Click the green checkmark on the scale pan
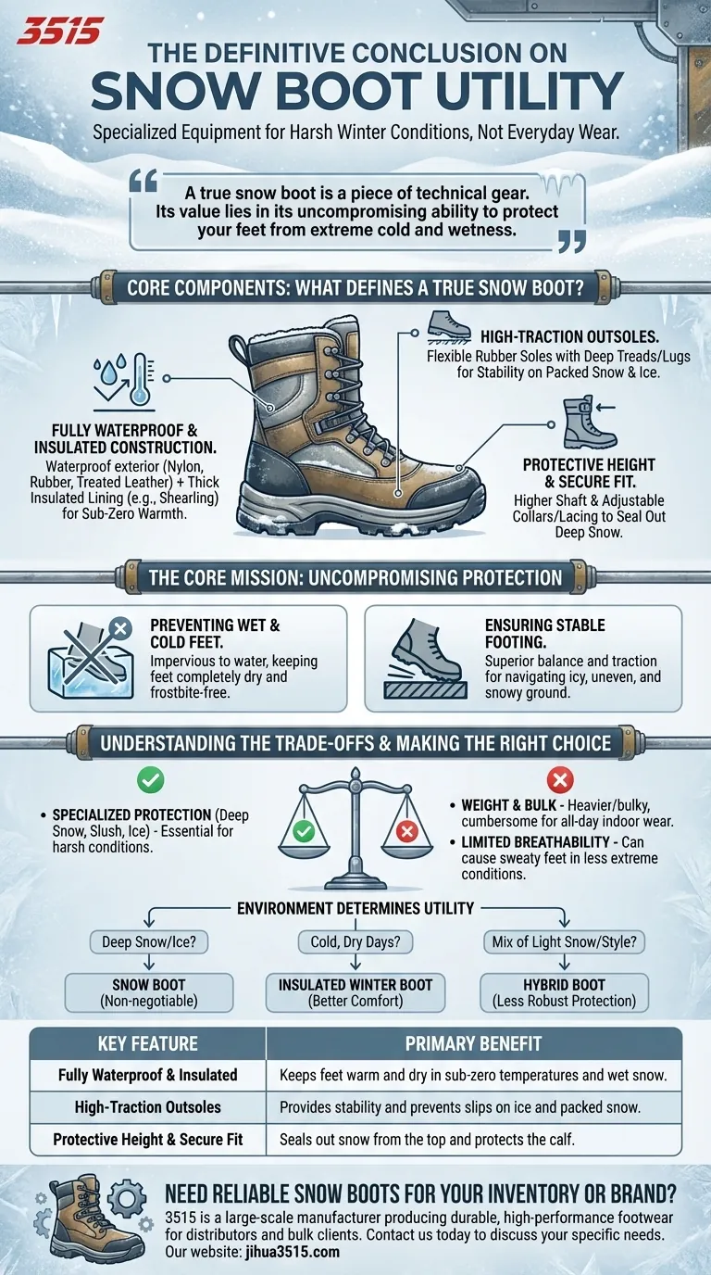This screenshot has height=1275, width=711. [x=304, y=831]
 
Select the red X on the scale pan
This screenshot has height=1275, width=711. [x=405, y=831]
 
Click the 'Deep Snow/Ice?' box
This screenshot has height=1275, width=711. [x=148, y=943]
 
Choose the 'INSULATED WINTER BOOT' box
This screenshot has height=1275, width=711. [x=355, y=991]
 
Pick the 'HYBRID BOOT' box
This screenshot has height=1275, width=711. [x=565, y=991]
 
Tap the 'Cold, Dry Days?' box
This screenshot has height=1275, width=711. [x=355, y=943]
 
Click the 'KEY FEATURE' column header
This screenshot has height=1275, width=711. [x=148, y=1044]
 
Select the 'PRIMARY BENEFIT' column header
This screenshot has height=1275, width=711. [x=473, y=1044]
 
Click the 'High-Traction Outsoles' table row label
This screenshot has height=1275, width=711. [x=148, y=1107]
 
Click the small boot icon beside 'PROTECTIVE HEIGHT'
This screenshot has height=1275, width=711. [x=580, y=422]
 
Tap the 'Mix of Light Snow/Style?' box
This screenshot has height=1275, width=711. [x=565, y=943]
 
